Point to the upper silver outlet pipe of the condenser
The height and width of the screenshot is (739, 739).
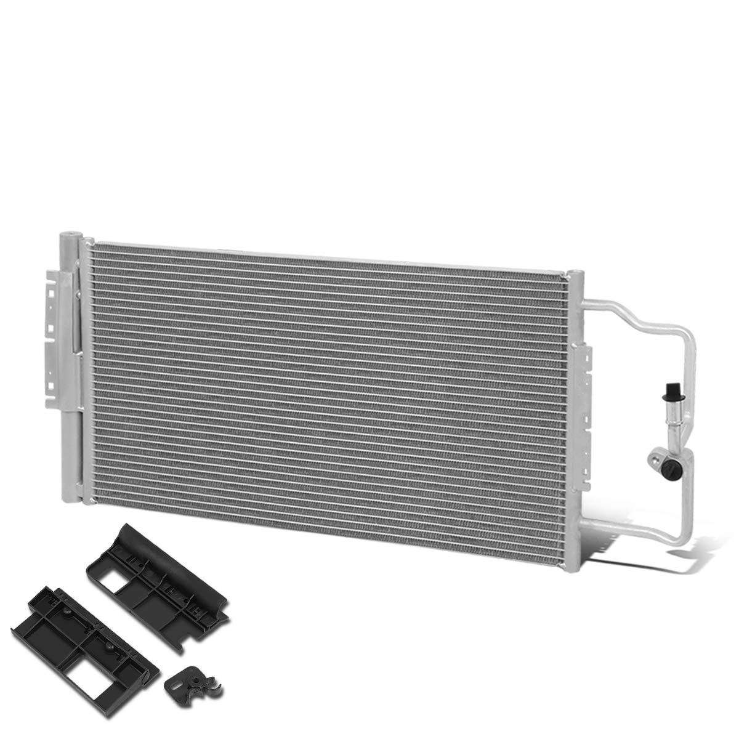pos(640,308)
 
